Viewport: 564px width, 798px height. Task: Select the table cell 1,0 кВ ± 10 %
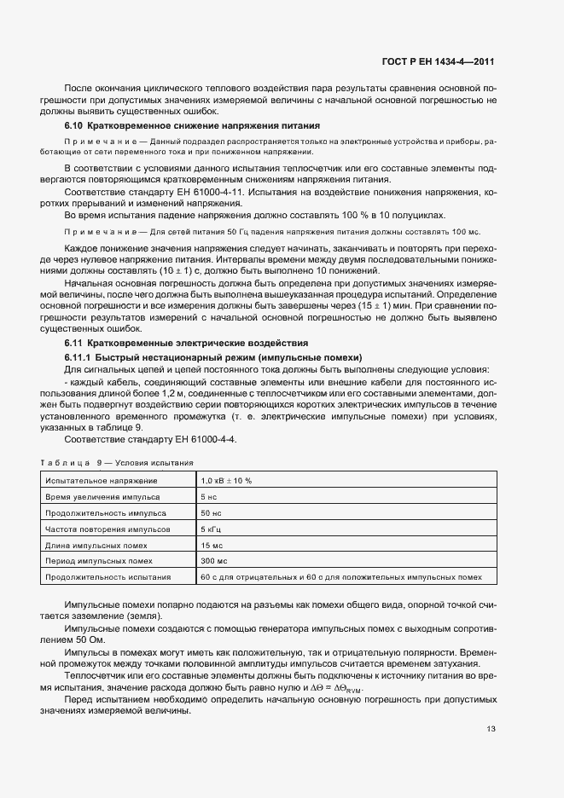226,481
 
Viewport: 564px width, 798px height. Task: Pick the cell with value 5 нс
210,496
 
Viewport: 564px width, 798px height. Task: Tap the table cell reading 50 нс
212,512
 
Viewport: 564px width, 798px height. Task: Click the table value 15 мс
212,545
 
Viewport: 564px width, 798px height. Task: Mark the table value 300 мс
214,561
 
